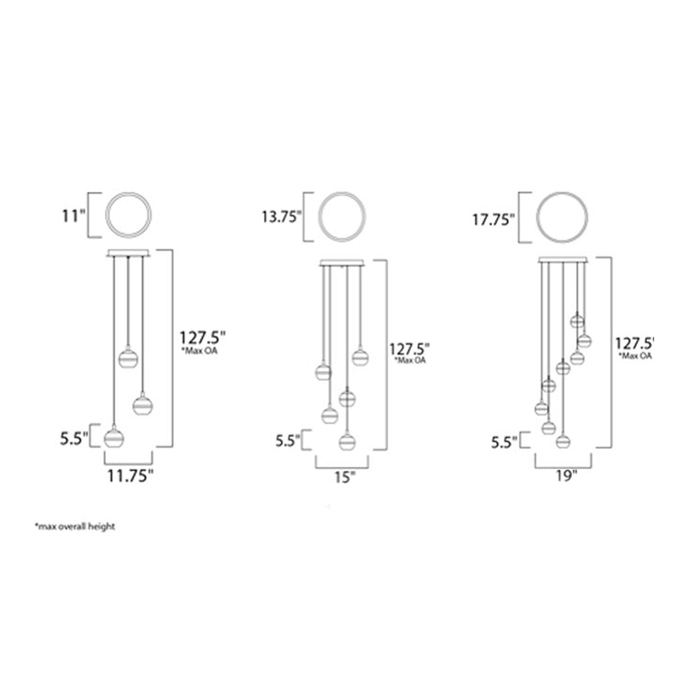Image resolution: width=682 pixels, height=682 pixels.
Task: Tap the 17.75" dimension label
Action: (494, 219)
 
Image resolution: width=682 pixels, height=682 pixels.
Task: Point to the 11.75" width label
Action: (131, 476)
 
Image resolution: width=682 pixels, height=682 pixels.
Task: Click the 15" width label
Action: (342, 477)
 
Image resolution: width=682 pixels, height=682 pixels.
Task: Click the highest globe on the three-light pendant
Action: (128, 359)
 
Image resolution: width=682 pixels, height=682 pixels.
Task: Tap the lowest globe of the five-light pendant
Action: (346, 441)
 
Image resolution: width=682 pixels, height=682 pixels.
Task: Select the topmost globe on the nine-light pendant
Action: (577, 321)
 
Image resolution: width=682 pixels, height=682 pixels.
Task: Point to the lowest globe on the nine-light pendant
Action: (563, 440)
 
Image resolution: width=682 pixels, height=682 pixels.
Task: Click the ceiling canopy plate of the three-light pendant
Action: (129, 253)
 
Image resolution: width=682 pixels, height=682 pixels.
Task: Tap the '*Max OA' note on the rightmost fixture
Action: (635, 356)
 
